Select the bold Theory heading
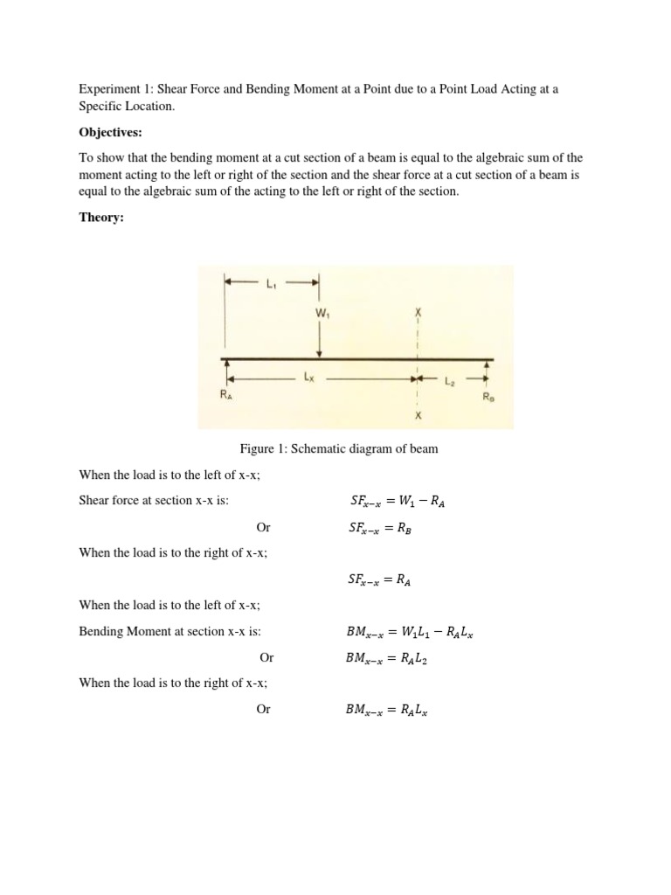tap(101, 218)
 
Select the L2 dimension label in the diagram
tap(451, 380)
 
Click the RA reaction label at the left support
tap(225, 396)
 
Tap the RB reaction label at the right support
tap(488, 397)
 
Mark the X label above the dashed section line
tap(419, 311)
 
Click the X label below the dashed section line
tap(419, 416)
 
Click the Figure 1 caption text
tap(339, 449)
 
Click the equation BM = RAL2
tap(386, 658)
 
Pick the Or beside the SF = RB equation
tap(263, 528)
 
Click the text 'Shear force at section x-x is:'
tap(159, 502)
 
